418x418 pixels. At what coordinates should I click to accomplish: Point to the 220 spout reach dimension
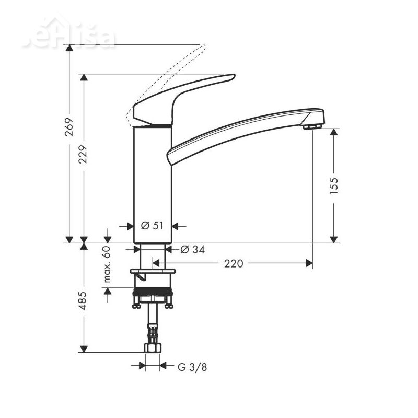coord(234,264)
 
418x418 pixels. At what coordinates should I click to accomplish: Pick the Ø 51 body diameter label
coord(153,226)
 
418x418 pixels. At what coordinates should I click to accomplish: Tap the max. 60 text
coord(108,264)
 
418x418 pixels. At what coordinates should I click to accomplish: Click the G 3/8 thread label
coord(192,367)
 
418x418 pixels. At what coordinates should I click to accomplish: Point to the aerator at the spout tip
coord(311,126)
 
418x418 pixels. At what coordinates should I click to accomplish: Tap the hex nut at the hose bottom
coord(153,347)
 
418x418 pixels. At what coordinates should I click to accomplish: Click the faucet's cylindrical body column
coord(153,183)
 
